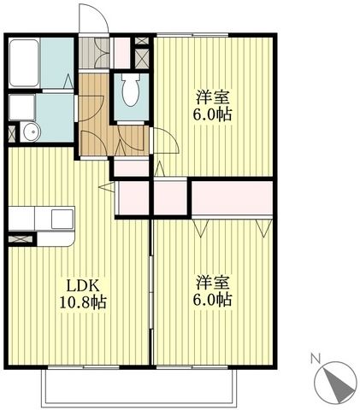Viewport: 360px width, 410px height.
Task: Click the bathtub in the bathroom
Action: pos(24,63)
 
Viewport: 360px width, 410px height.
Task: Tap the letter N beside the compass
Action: pos(315,358)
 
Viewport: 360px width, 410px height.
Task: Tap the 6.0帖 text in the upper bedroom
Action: pos(213,114)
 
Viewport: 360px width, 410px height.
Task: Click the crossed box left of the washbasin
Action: pos(11,132)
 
